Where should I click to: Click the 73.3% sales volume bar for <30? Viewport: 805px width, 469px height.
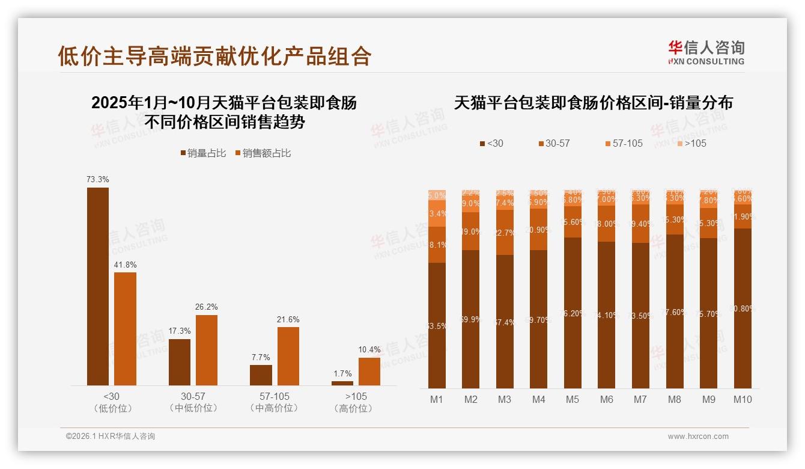tap(98, 286)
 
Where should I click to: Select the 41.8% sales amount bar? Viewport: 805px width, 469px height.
tap(125, 329)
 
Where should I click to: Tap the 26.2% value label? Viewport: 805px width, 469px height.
tap(206, 307)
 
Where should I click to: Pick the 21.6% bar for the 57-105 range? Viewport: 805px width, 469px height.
tap(288, 356)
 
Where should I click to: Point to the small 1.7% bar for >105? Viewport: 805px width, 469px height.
tap(342, 383)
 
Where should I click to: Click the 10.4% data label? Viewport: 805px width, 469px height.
tap(369, 350)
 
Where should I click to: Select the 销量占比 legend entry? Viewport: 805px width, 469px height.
tap(203, 153)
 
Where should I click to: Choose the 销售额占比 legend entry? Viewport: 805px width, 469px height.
tap(263, 153)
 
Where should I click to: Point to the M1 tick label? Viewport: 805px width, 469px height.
tap(437, 399)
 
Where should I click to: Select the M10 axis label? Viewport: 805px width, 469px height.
tap(743, 399)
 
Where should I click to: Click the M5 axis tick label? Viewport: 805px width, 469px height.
tap(573, 399)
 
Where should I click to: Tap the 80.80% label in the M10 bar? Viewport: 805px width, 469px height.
tap(743, 308)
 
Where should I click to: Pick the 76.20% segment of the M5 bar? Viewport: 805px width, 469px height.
tap(573, 313)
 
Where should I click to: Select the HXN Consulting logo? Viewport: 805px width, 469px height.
tap(706, 52)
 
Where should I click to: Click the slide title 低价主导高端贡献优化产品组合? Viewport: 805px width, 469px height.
tap(214, 56)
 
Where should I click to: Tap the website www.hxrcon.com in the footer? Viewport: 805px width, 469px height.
tap(698, 437)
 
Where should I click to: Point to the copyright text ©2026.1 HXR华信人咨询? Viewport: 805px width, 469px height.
tap(111, 437)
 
